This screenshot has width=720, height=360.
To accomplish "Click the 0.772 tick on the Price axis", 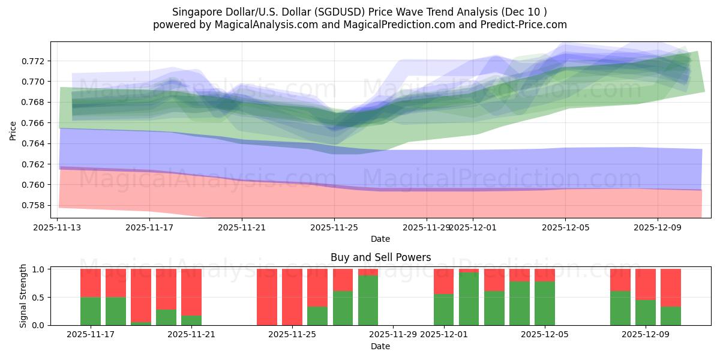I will [34, 61].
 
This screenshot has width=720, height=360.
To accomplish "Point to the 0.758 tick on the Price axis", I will [34, 205].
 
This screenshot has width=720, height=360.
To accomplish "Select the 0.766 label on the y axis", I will [34, 123].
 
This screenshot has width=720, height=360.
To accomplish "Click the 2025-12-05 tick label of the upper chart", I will [565, 227].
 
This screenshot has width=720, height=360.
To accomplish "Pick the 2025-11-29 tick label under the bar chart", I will [393, 335].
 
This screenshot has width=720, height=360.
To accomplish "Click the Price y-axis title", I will [13, 130].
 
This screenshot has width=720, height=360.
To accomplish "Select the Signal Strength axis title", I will [23, 296].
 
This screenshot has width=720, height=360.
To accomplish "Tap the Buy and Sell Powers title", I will [380, 257].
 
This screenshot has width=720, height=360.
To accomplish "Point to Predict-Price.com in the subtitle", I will [523, 25].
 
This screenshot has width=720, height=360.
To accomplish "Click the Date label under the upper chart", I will [380, 239].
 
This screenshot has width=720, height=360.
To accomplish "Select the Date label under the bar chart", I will [380, 346].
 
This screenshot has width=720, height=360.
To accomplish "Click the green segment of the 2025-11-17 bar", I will [91, 311].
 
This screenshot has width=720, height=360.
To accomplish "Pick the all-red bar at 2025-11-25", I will [292, 297].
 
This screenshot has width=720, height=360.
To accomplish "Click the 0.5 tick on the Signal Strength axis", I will [40, 297].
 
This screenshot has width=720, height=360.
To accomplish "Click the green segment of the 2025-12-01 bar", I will [444, 310].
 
